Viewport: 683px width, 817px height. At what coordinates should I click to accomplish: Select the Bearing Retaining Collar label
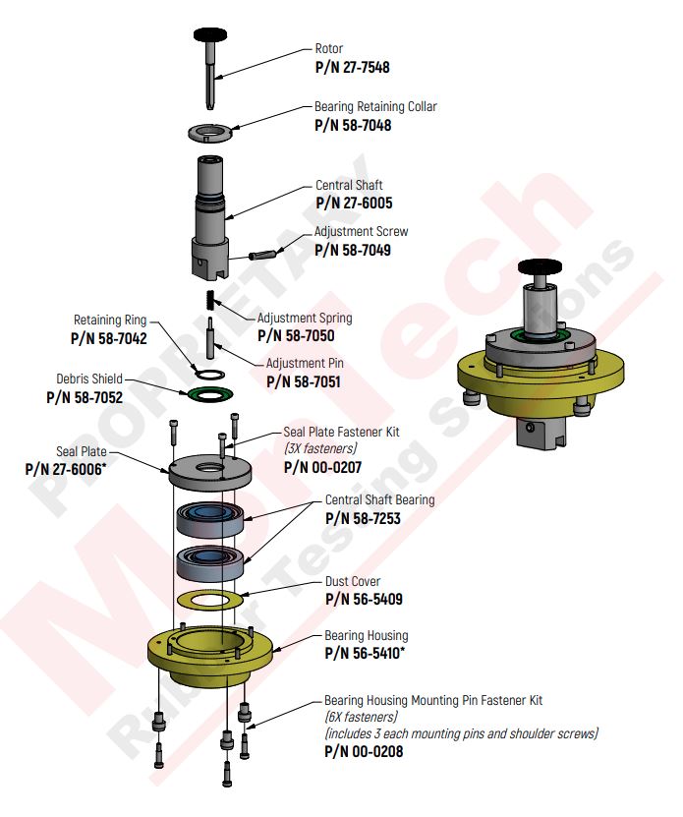(375, 106)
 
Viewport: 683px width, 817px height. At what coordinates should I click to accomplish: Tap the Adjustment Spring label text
(305, 319)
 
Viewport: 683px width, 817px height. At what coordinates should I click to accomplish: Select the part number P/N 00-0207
(321, 466)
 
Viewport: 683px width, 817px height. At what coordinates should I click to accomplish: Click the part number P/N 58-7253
(363, 518)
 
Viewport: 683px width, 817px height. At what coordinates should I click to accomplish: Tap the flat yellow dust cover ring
(208, 600)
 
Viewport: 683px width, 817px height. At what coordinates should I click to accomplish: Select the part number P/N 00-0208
(363, 751)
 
